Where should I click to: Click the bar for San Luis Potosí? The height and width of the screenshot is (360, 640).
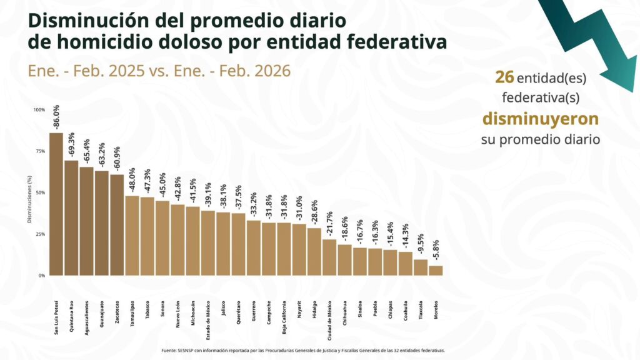(56, 204)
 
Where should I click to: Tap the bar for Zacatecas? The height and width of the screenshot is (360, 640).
(117, 224)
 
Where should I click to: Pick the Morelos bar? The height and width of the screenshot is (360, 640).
(436, 270)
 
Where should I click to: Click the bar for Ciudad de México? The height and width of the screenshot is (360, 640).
(329, 257)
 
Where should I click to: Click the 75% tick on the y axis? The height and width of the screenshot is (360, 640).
(40, 151)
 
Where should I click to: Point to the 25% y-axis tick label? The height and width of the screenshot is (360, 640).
(40, 234)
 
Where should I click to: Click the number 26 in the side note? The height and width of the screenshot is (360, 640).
(504, 77)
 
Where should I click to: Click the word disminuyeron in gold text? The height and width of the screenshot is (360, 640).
(540, 119)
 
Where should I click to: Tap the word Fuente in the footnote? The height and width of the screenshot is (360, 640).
(169, 351)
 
